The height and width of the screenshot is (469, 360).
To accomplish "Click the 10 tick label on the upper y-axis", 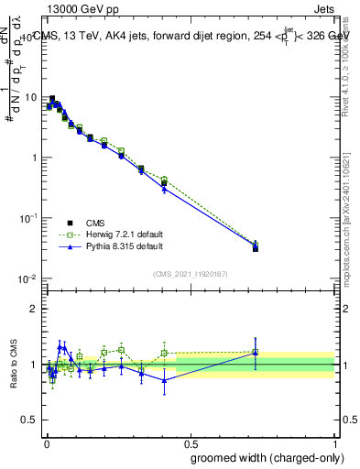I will (31, 97).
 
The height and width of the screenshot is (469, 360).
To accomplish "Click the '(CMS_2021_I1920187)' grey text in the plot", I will (190, 273).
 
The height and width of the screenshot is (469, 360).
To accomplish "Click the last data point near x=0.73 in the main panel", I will (256, 247).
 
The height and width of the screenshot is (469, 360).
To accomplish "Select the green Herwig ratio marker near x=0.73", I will (256, 352).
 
